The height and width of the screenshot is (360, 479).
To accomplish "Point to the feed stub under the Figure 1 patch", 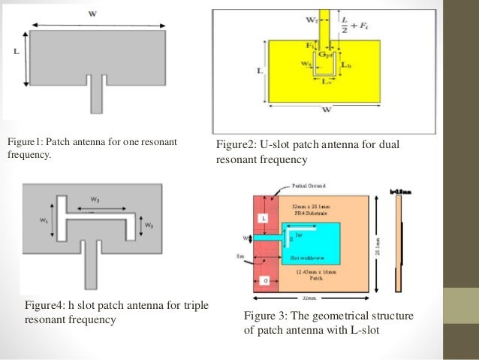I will click(x=95, y=96).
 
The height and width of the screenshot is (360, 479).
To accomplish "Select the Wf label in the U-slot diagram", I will click(x=311, y=22).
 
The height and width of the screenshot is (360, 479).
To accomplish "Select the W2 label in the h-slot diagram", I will click(x=97, y=199).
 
